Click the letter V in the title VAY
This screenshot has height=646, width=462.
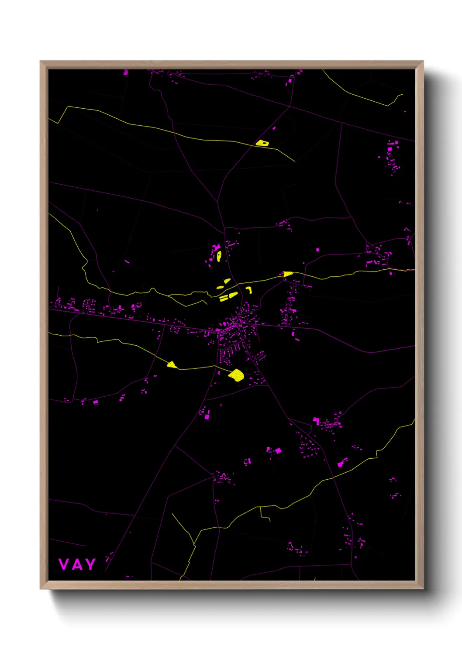pos(64,564)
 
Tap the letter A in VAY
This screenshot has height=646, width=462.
pos(77,564)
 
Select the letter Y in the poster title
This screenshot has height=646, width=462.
pos(90,564)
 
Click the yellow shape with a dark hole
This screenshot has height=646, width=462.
pos(262,143)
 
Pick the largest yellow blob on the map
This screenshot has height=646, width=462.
pos(236,375)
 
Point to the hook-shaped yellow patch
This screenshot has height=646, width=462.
pos(249,289)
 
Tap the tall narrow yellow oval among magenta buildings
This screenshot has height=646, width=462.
pos(219,256)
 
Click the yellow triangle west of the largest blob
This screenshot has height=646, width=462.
pos(172,364)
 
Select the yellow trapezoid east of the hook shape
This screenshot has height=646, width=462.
pos(288,274)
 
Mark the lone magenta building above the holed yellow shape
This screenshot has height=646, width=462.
pos(274,128)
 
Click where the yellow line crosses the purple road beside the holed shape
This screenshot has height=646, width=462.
pos(253,144)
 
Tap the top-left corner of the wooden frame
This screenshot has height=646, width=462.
pos(41,62)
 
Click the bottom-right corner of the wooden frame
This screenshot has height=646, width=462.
pos(423,588)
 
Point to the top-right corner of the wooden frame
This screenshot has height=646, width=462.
pos(423,62)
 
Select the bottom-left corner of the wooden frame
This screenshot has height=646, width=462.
pos(41,588)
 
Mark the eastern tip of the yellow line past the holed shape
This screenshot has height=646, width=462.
pos(294,161)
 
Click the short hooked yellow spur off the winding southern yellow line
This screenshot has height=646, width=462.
pos(265,515)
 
